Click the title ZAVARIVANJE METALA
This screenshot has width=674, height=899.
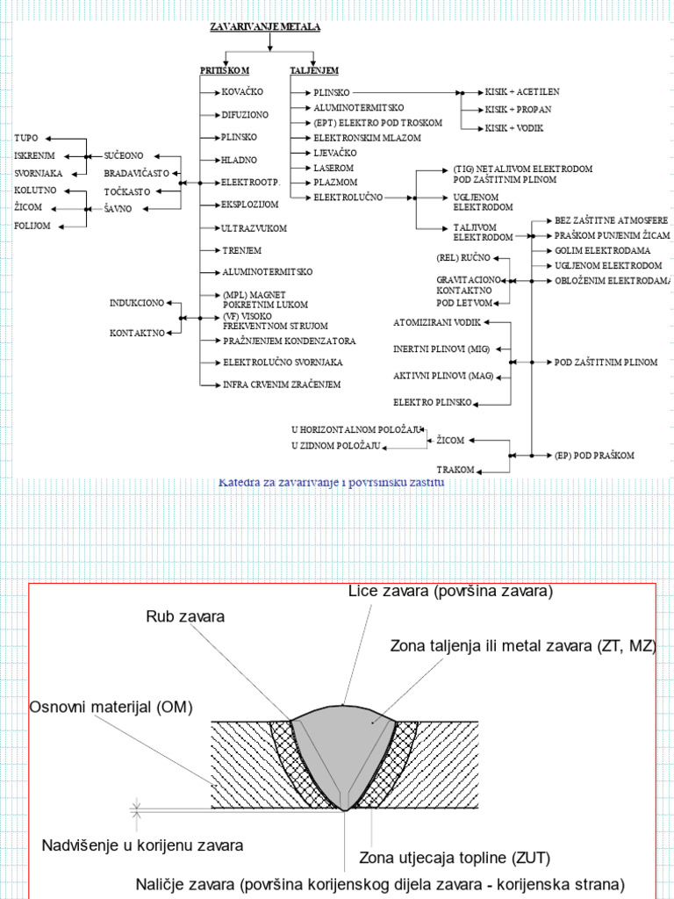coord(265,26)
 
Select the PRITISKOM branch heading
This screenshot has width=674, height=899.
coord(225,70)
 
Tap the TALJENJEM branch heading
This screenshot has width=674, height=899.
coord(314,70)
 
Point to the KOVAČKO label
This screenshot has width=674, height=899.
coord(243,91)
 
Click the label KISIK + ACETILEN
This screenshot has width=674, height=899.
coord(522,91)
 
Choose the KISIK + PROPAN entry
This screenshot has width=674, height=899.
coord(518,110)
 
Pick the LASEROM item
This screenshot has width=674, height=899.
coord(333,167)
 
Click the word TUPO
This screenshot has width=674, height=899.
coord(26,139)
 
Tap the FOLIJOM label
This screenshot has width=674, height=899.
coord(32,226)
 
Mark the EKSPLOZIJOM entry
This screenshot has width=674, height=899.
coord(250,204)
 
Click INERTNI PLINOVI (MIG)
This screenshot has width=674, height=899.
coord(441,349)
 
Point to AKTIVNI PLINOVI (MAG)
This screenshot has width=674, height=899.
coord(443,376)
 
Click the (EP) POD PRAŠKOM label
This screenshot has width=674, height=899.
coord(594,456)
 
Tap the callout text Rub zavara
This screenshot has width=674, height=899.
coord(185,616)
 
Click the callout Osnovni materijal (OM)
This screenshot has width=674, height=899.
coord(111,707)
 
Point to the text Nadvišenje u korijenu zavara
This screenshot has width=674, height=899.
coord(142,845)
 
